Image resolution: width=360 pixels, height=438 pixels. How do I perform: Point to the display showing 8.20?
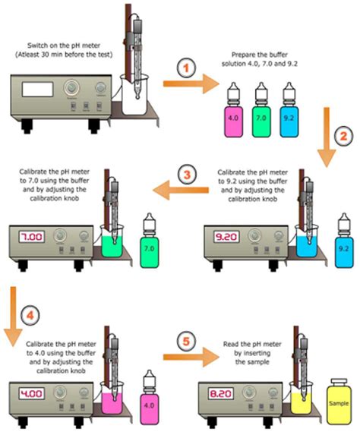[220, 394]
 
